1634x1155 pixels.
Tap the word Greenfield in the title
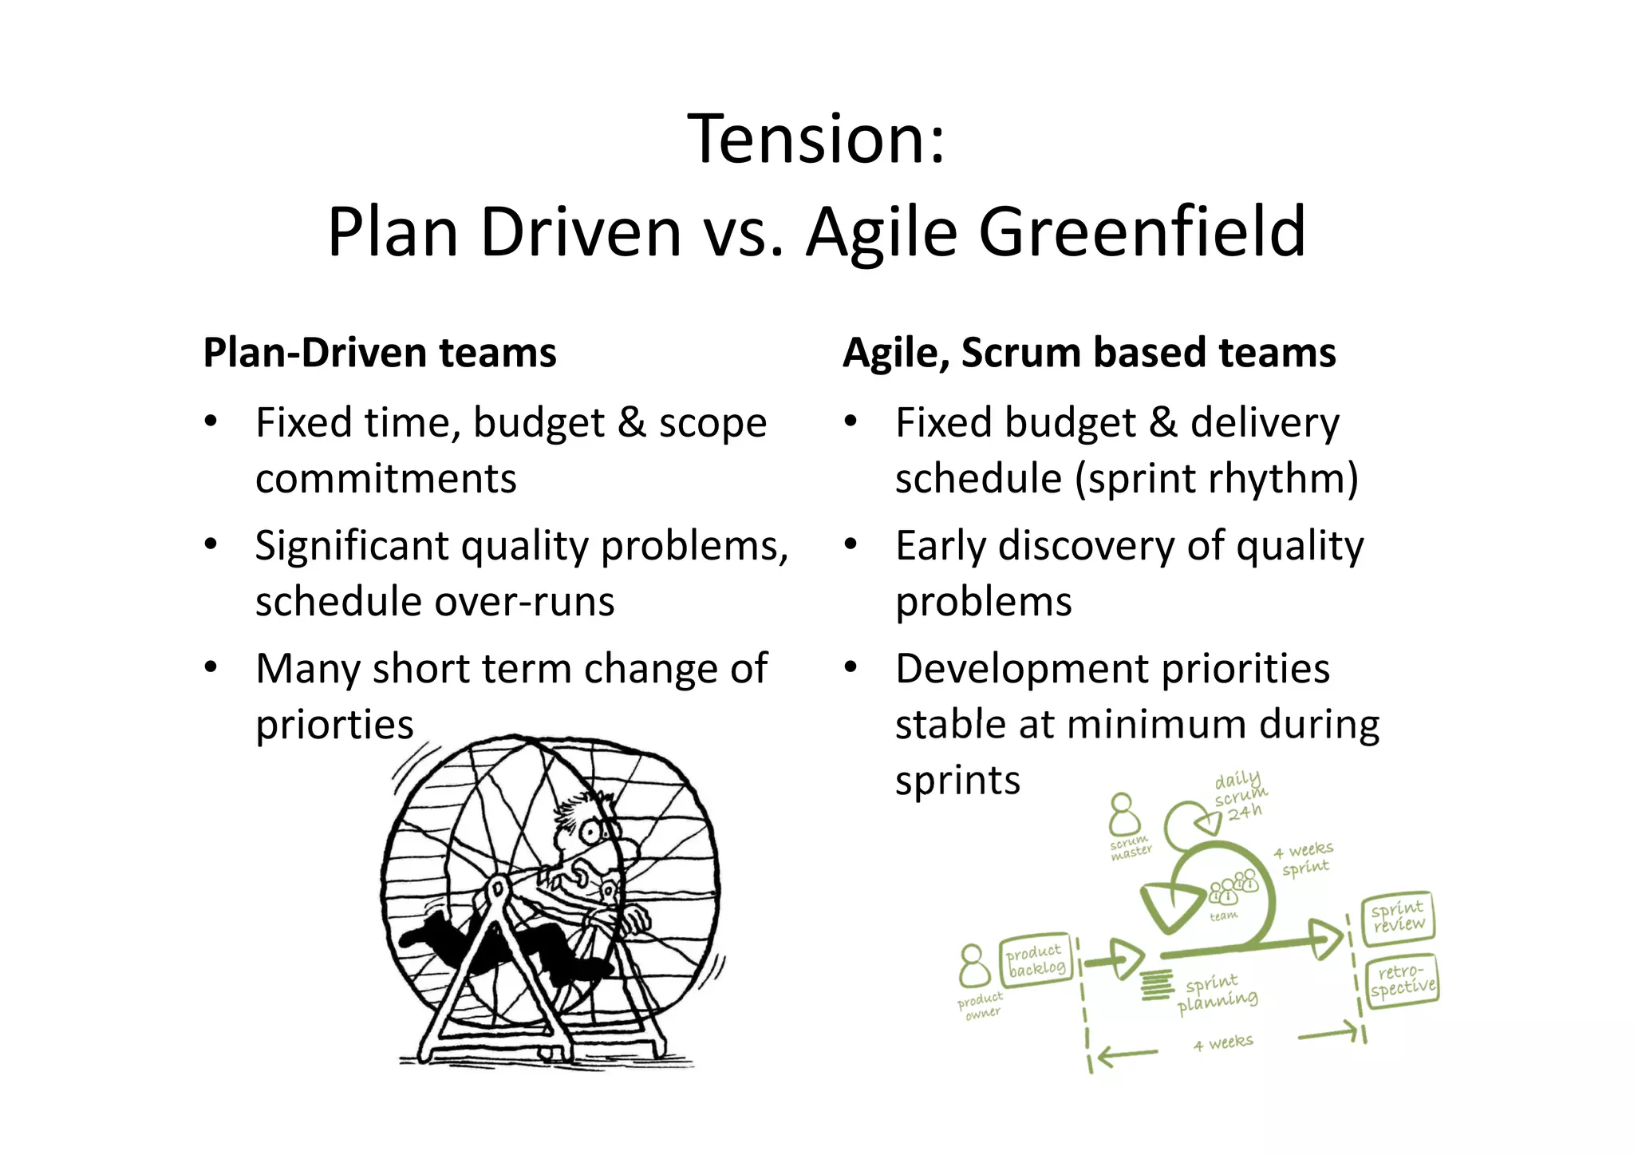[x=1142, y=232]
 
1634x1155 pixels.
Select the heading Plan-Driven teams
[x=380, y=353]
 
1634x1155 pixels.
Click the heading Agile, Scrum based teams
[x=1089, y=353]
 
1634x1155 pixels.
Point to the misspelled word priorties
[x=334, y=725]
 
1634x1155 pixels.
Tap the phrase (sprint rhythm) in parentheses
[x=1216, y=479]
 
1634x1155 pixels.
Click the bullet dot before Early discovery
[x=851, y=544]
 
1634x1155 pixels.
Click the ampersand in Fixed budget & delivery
[x=1163, y=423]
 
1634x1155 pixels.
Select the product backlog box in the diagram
[x=1036, y=959]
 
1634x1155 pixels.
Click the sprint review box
[x=1398, y=916]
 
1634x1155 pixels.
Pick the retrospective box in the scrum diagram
[x=1403, y=980]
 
